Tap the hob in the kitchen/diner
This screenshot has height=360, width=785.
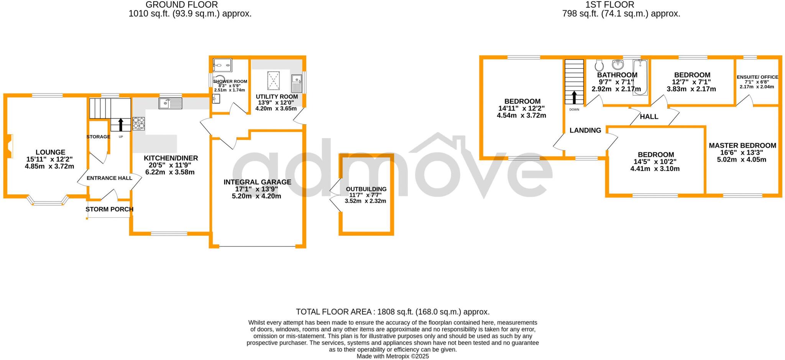(x=139, y=123)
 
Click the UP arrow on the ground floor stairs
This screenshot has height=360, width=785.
(x=121, y=125)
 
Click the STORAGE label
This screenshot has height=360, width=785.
(x=98, y=137)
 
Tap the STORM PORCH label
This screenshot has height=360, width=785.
(x=109, y=209)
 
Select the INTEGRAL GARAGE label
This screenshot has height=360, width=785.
(x=257, y=182)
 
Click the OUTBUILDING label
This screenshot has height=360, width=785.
(x=366, y=189)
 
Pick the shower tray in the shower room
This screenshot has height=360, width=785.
(x=223, y=65)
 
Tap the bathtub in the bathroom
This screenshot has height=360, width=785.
(x=640, y=77)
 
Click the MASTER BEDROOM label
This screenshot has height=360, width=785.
(x=742, y=146)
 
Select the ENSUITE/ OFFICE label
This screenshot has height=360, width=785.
(x=757, y=77)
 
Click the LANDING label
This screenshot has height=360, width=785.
(x=585, y=130)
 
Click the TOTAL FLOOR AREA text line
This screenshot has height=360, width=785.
(x=392, y=312)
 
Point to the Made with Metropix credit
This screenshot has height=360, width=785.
(x=392, y=356)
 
